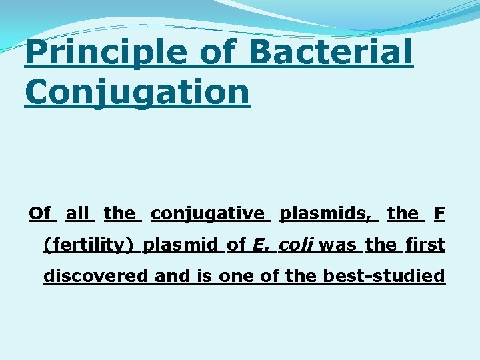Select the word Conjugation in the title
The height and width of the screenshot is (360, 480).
(x=137, y=91)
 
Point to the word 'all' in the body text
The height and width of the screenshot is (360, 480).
(x=78, y=213)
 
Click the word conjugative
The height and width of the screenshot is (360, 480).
(x=207, y=213)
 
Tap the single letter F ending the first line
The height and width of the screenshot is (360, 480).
(x=439, y=213)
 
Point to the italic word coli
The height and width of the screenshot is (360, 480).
(x=297, y=245)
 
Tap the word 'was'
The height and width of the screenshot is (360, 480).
(x=338, y=245)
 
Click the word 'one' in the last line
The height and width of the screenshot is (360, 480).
(x=233, y=275)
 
